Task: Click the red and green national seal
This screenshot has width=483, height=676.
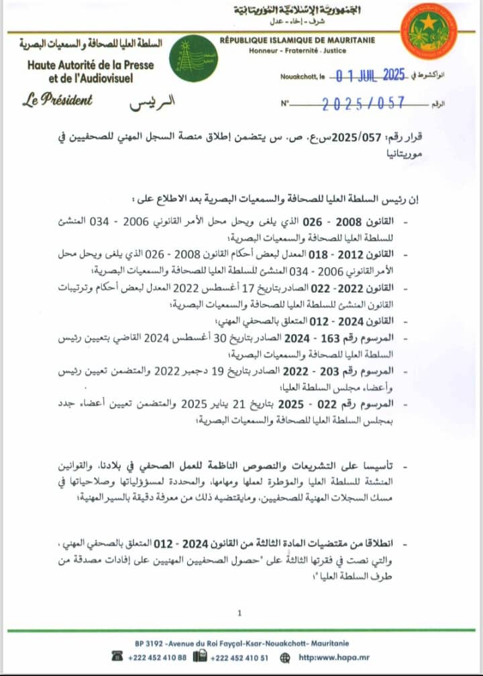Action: click(428, 31)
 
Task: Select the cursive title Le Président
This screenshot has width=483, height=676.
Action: click(58, 101)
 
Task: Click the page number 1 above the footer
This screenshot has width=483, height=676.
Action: click(239, 612)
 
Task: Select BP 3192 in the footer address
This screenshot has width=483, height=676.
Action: click(148, 642)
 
